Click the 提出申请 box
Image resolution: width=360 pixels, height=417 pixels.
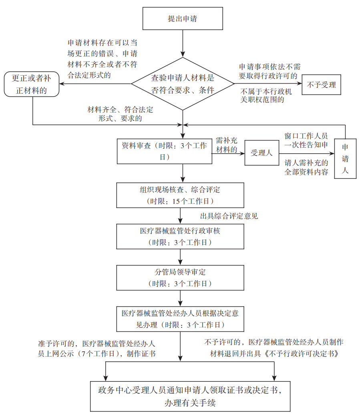tap(182, 19)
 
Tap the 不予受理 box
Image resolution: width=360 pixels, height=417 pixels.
tap(321, 84)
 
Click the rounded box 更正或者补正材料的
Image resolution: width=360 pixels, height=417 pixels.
tap(32, 84)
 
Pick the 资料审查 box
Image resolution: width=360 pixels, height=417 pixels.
tap(164, 151)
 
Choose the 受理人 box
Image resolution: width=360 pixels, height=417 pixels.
tap(261, 152)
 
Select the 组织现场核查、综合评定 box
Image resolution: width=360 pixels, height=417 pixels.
tap(180, 194)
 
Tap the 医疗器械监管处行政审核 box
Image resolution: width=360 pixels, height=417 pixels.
tap(180, 237)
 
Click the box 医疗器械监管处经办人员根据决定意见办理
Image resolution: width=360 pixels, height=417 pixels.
tap(180, 319)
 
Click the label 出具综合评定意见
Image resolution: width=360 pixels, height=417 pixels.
tap(229, 217)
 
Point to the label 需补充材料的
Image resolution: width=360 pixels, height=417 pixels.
tap(227, 145)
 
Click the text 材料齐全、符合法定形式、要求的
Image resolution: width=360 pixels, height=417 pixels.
tap(121, 114)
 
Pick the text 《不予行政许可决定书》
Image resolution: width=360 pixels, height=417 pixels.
tap(304, 353)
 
